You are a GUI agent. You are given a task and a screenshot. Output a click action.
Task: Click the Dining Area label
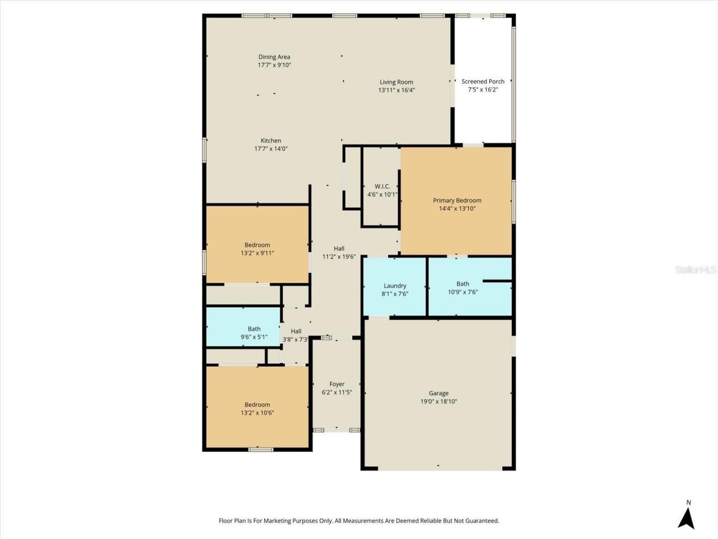[x=274, y=57]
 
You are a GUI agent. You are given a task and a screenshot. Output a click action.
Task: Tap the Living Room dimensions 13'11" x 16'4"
[x=397, y=90]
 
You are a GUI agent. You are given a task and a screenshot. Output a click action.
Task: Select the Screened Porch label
[x=483, y=81]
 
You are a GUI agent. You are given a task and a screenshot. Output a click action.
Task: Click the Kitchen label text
[x=271, y=141]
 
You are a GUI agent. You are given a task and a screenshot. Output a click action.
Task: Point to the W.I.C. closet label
[x=383, y=186]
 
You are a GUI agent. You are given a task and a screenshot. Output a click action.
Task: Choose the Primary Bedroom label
[x=457, y=200]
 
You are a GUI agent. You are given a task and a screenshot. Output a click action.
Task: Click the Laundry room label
[x=395, y=286]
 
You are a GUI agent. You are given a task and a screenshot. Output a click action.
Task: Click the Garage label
[x=439, y=394]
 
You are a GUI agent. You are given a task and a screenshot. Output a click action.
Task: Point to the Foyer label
[x=337, y=385]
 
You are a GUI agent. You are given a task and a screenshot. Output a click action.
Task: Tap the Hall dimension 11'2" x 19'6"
[x=339, y=257]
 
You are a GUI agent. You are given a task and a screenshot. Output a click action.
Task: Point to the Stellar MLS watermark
[x=696, y=270]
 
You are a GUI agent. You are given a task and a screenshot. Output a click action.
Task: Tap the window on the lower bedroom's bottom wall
[x=261, y=449]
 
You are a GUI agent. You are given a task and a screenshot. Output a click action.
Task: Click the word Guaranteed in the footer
[x=480, y=521]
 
